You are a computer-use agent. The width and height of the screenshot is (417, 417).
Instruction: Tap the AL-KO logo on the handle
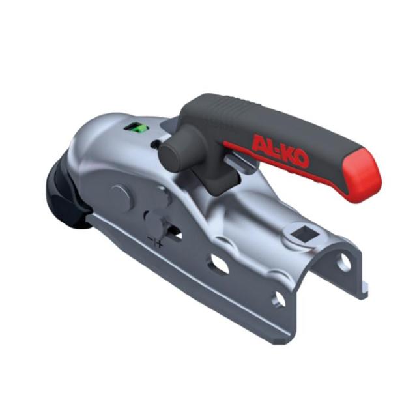280,151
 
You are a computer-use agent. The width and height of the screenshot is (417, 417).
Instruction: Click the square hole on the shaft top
304,235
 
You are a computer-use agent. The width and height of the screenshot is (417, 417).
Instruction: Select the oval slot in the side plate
219,264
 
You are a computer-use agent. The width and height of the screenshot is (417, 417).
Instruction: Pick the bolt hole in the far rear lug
344,262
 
